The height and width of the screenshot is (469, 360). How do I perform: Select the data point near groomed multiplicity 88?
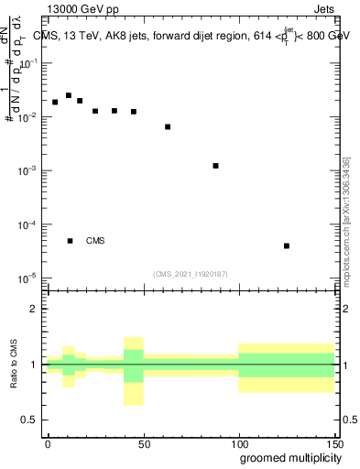click(215, 166)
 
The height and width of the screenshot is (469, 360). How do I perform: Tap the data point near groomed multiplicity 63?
click(168, 126)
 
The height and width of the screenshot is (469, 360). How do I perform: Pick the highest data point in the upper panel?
click(69, 95)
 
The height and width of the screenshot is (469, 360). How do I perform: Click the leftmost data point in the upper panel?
click(55, 102)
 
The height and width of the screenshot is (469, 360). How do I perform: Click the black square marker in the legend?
click(70, 241)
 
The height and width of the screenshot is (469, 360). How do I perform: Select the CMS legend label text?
click(95, 241)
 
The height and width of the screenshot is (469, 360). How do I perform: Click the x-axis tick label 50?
click(143, 443)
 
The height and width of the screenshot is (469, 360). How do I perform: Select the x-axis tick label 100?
click(238, 443)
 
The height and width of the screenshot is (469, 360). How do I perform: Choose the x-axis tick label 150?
click(333, 443)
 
